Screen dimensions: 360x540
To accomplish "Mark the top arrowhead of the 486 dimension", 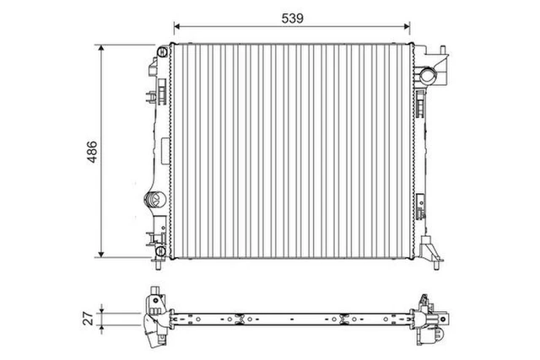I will point(101,49).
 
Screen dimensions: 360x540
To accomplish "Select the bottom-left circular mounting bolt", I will point(159,251).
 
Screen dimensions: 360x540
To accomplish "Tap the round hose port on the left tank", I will point(154,200).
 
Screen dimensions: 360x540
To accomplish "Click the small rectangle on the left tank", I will point(158,153).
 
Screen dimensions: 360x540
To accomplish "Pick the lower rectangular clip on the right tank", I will point(420,204).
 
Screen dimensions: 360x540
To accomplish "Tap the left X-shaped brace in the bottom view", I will point(240,318).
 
